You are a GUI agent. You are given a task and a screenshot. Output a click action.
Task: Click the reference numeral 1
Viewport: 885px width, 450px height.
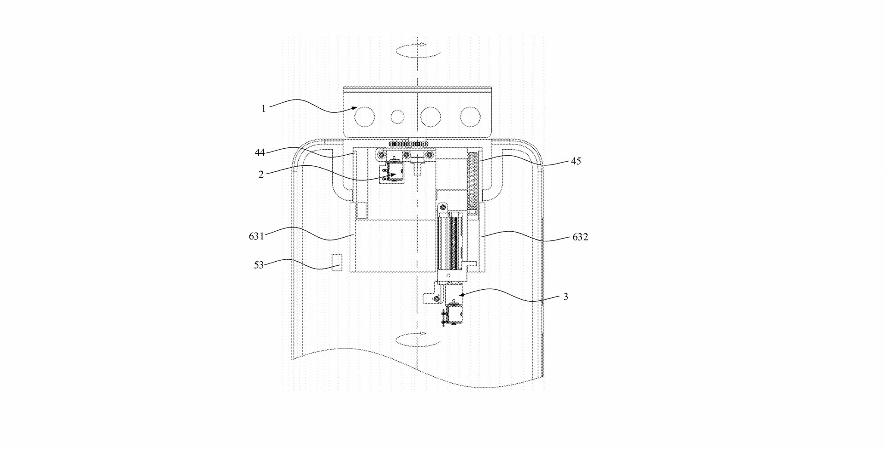point(264,109)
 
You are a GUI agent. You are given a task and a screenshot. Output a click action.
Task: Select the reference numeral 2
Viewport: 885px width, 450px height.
point(261,175)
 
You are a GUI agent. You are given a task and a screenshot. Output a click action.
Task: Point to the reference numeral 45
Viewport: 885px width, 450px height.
point(576,161)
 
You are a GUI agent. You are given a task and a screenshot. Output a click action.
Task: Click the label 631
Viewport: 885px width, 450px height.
point(256,236)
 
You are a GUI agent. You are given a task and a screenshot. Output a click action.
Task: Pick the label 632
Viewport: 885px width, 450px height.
point(580,237)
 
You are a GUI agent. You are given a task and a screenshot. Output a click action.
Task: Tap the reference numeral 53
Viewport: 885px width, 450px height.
point(259,265)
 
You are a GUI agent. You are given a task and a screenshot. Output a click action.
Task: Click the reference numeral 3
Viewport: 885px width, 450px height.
point(566,297)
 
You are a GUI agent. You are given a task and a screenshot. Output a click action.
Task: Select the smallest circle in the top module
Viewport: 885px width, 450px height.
point(397,117)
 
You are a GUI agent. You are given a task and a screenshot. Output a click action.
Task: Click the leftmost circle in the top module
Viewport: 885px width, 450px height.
point(365,117)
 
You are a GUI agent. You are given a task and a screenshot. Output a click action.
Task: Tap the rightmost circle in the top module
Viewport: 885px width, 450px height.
point(471,117)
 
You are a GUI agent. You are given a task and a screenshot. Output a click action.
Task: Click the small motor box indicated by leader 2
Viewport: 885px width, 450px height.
point(392,172)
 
